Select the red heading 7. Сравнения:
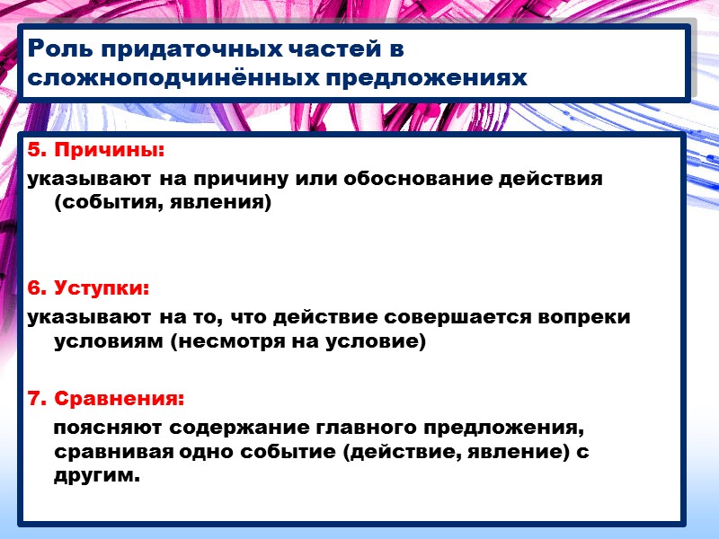[106, 397]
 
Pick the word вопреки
[587, 317]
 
